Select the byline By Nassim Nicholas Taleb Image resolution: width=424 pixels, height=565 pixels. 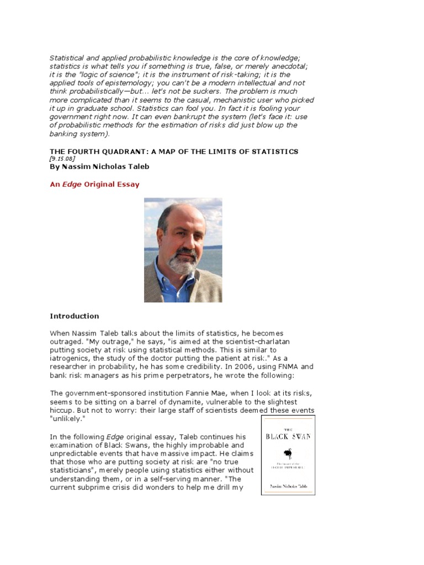point(99,167)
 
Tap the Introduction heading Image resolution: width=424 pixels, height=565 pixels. point(75,316)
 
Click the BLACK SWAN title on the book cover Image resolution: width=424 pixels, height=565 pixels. point(288,435)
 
